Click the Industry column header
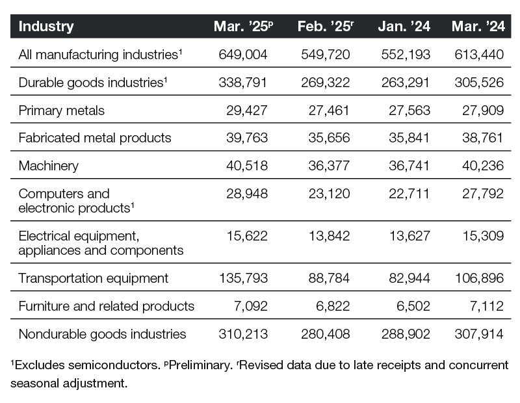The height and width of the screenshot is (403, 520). pyautogui.click(x=46, y=27)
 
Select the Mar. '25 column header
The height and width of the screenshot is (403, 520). pyautogui.click(x=243, y=27)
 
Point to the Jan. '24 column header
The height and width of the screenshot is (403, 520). pyautogui.click(x=404, y=27)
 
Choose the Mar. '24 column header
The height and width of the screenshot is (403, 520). pyautogui.click(x=478, y=27)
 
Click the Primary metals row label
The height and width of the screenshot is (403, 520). pyautogui.click(x=62, y=110)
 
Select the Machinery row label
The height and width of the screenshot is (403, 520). pyautogui.click(x=49, y=165)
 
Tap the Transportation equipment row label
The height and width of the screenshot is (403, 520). pyautogui.click(x=94, y=278)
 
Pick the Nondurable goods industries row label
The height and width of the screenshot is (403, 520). pyautogui.click(x=103, y=334)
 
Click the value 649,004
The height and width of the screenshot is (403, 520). pyautogui.click(x=243, y=55)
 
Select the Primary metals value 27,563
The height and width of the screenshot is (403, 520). pyautogui.click(x=408, y=110)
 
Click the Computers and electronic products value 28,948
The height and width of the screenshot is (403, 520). pyautogui.click(x=246, y=194)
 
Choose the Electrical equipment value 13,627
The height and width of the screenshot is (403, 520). pyautogui.click(x=408, y=235)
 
